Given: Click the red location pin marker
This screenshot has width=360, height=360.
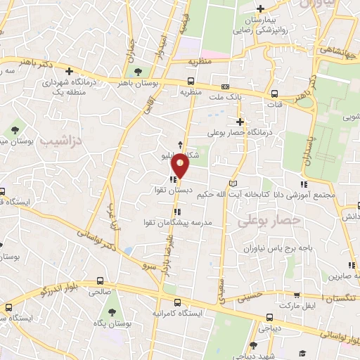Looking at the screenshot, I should coord(181,166).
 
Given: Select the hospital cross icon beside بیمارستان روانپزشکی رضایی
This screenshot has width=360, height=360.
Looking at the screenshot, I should coord(261,9).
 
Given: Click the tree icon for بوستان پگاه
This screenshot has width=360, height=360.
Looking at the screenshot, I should coord(111,311).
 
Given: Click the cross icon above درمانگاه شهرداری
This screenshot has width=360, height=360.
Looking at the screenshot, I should coord(69,70).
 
